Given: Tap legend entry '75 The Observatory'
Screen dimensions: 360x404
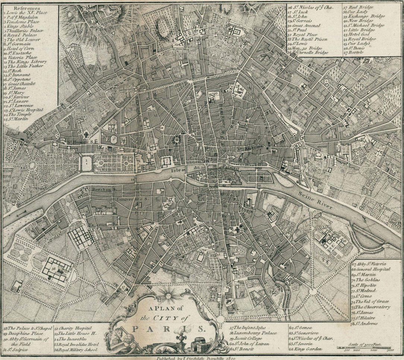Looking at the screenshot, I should click(370, 307).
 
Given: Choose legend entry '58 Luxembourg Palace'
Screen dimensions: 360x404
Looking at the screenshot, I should click(253, 333).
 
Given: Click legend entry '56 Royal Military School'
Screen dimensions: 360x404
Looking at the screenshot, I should click(76, 350).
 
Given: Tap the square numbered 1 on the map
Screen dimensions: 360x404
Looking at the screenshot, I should click(86, 163).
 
